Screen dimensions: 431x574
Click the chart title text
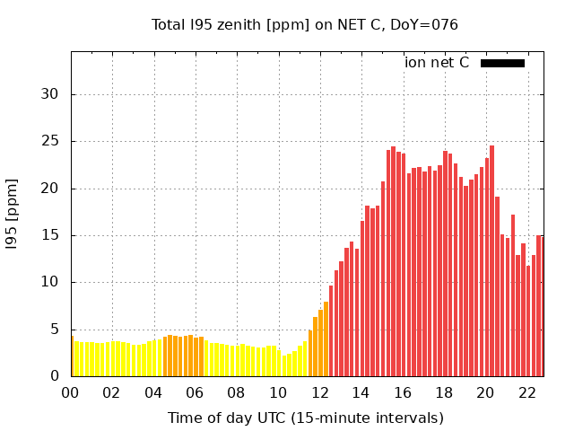point(305,25)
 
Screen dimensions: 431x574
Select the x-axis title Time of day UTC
point(305,418)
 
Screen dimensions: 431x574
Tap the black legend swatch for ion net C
point(502,63)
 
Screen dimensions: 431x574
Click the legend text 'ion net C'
point(437,63)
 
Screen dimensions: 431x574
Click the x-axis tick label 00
point(71,392)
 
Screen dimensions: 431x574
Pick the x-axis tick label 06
point(195,392)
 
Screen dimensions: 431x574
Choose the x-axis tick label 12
point(319,392)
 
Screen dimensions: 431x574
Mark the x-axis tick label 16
point(402,392)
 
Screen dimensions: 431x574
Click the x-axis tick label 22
point(526,392)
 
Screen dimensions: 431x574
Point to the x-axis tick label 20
point(485,392)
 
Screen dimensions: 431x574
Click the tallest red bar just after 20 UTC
point(491,260)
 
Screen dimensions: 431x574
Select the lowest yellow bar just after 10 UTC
point(284,365)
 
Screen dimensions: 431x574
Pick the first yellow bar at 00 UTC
point(73,356)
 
